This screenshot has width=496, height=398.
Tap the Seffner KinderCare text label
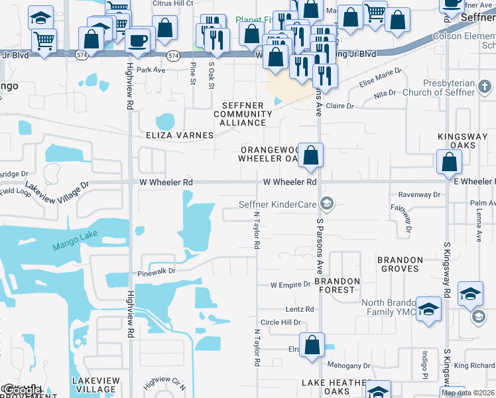point(277,204)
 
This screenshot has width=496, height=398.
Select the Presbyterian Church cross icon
point(485,87)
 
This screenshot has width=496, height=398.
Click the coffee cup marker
point(139,40)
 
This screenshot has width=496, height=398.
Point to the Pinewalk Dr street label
point(156,271)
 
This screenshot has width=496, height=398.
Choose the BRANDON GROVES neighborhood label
point(400,264)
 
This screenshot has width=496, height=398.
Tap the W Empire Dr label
point(290,285)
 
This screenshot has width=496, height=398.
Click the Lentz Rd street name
point(300,309)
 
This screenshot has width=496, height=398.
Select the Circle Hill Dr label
point(280,322)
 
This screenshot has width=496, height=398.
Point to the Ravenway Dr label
point(419,195)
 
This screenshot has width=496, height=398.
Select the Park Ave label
point(151,70)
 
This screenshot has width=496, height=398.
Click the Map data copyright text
point(468,393)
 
